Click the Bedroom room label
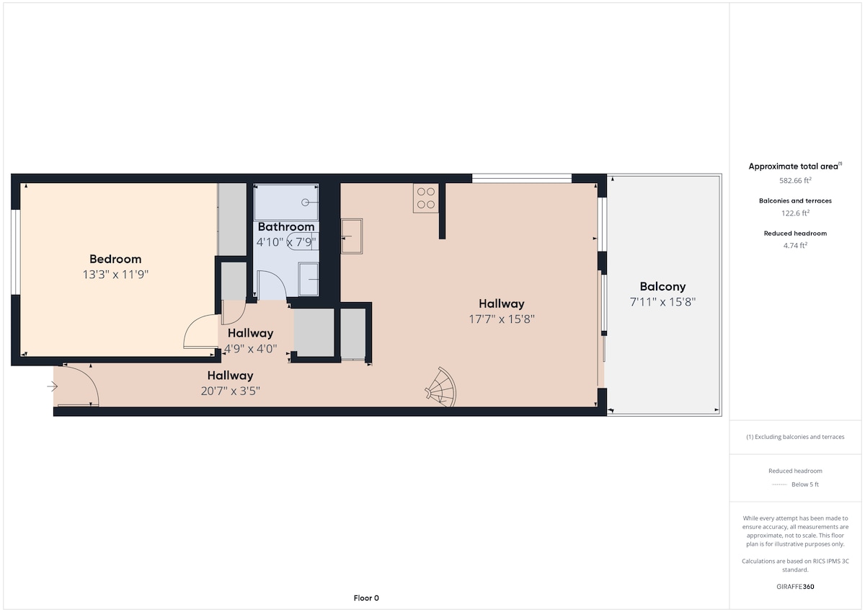[x=115, y=259]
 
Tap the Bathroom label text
[x=286, y=226]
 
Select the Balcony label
[x=662, y=286]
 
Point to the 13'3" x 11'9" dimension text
[x=115, y=275]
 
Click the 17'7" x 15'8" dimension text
[x=502, y=319]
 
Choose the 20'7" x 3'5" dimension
[x=231, y=391]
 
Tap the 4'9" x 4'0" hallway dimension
[x=251, y=349]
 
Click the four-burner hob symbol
[x=426, y=198]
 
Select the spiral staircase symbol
[x=441, y=387]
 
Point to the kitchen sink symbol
[x=352, y=236]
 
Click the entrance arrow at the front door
[x=52, y=386]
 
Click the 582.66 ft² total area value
[x=795, y=180]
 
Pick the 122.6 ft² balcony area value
[x=795, y=213]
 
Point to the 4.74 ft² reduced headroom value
[x=795, y=245]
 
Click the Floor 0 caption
[x=366, y=598]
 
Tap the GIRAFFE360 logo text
[x=795, y=587]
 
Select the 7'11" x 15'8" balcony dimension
[x=662, y=302]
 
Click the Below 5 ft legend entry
[x=795, y=484]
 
